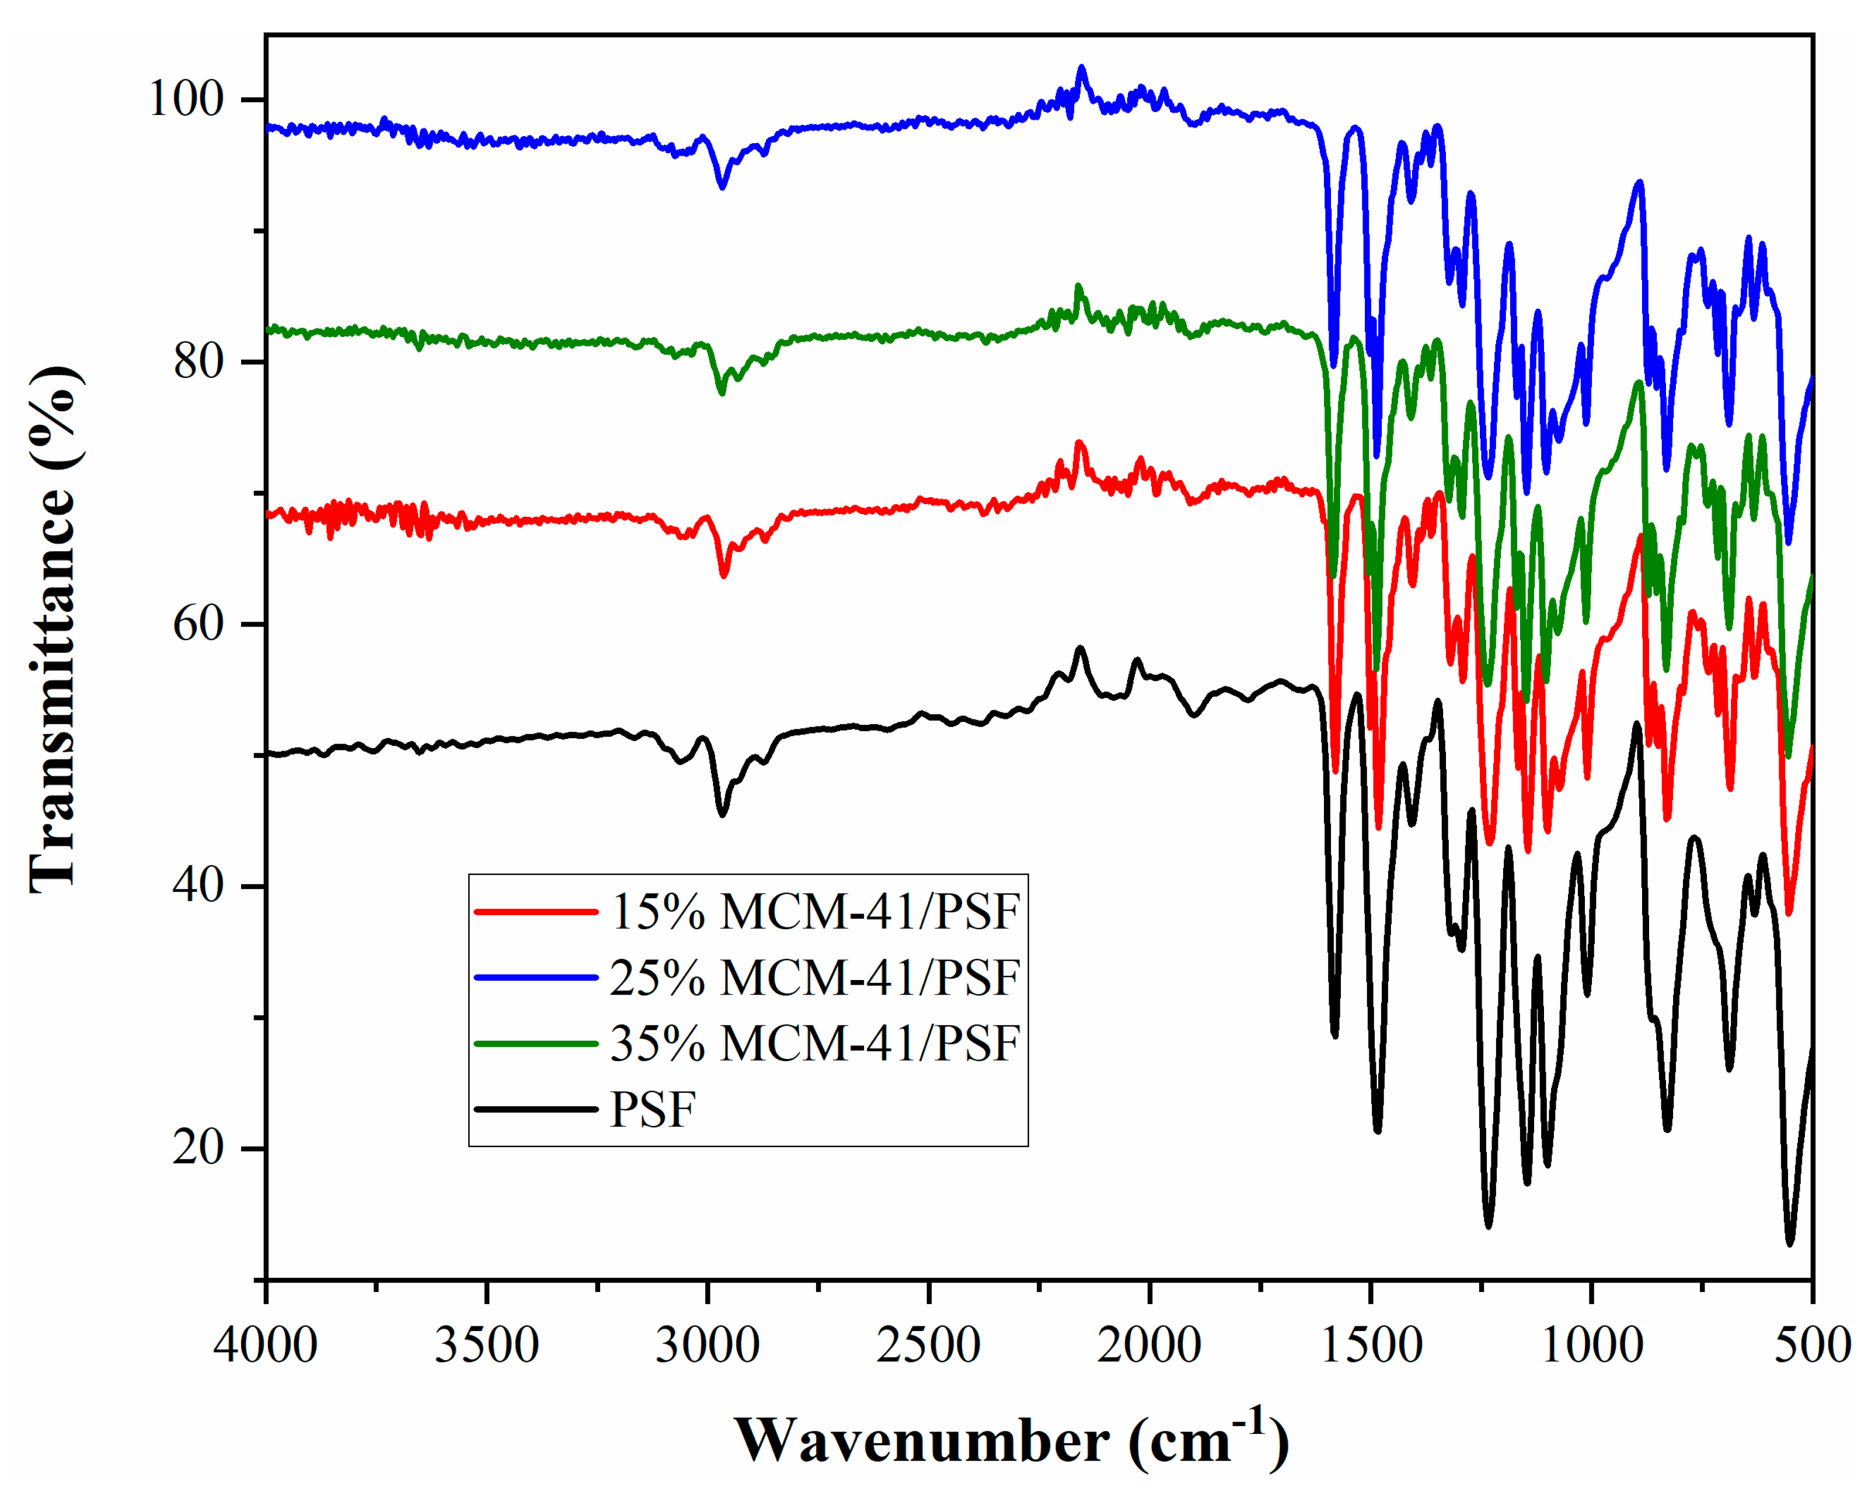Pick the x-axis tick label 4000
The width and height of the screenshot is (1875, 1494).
[265, 1345]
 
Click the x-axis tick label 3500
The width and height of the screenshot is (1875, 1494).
[486, 1345]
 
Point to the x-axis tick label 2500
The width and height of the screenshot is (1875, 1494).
[928, 1345]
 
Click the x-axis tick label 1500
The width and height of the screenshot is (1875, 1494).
[1371, 1345]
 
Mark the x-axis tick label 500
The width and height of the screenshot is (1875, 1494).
[1813, 1345]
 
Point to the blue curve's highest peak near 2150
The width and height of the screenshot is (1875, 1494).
[1081, 67]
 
